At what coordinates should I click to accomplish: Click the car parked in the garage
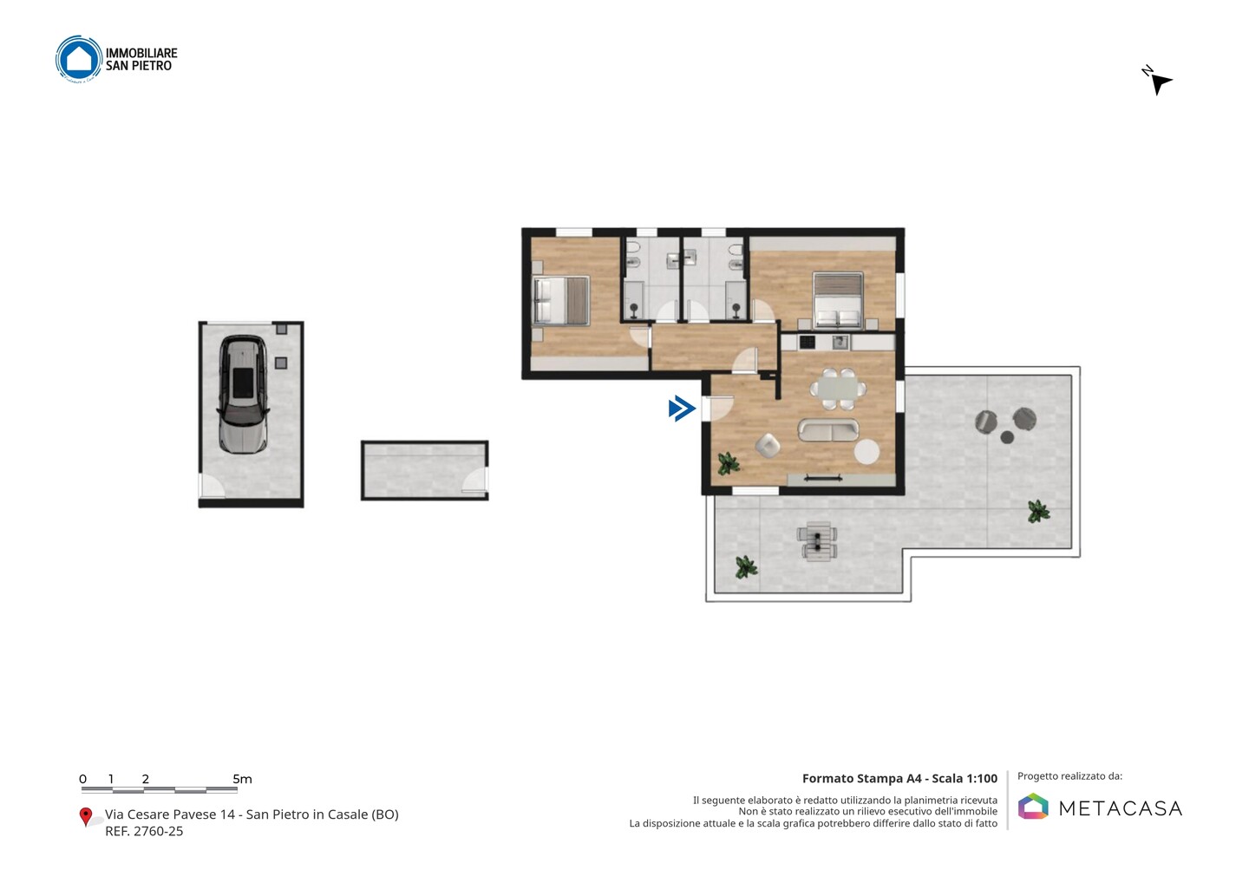click(243, 395)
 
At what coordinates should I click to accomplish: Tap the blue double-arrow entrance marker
click(682, 409)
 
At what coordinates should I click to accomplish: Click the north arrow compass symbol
click(1158, 82)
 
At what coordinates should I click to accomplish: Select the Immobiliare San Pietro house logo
click(79, 59)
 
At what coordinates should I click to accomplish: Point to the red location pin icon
click(85, 816)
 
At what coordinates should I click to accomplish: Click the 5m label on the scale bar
click(242, 779)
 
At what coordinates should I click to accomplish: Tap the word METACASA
click(1121, 808)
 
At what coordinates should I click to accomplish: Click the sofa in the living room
click(828, 430)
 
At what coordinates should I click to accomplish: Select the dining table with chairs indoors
click(838, 389)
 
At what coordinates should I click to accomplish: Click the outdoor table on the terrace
click(817, 540)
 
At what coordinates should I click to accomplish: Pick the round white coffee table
click(866, 452)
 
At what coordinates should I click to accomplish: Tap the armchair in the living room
click(768, 445)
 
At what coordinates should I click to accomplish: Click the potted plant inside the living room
click(729, 462)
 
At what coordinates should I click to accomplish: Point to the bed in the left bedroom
click(561, 300)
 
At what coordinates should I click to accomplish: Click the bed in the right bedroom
click(838, 299)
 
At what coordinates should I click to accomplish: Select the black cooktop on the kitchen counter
click(807, 342)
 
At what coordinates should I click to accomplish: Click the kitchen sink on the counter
click(840, 342)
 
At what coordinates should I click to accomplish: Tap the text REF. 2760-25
click(144, 831)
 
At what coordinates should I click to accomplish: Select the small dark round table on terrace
click(1006, 438)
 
